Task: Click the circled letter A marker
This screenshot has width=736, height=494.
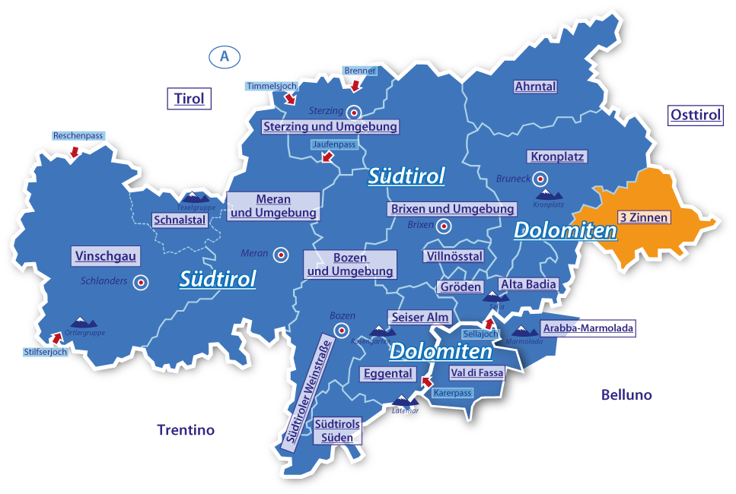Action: [x=224, y=56]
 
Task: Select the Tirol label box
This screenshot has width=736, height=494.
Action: [x=189, y=99]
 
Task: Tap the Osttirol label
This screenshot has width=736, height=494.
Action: [x=695, y=116]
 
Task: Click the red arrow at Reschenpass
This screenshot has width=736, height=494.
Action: [x=74, y=152]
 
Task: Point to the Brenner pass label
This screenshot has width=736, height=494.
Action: [x=360, y=71]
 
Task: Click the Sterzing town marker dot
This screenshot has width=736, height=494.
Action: [x=353, y=111]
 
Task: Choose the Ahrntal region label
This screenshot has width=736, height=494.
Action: [x=535, y=87]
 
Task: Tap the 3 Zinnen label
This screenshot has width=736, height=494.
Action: [x=643, y=217]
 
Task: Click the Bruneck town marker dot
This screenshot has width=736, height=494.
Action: [x=540, y=179]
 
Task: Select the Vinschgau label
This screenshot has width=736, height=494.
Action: [x=106, y=256]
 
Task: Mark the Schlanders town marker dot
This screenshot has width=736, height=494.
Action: [x=140, y=282]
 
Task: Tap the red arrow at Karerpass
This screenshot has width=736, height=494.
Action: [x=426, y=382]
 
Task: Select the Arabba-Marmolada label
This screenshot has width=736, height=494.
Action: [x=587, y=328]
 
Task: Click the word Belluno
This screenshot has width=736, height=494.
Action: [x=626, y=395]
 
